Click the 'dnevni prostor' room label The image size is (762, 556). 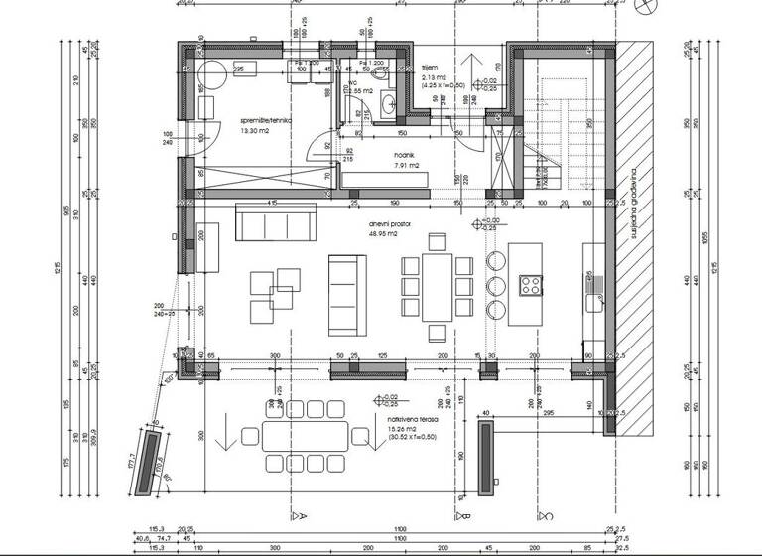[x=390, y=225]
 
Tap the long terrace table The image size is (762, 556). [x=308, y=436]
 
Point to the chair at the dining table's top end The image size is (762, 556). [x=435, y=242]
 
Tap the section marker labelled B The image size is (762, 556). [x=460, y=515]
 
